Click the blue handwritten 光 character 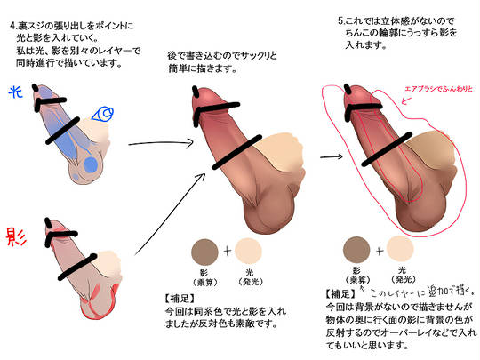[16, 92]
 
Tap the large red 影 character [16, 237]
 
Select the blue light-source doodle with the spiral [103, 114]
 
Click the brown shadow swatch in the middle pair [204, 252]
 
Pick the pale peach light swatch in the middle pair [249, 252]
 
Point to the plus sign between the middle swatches [228, 252]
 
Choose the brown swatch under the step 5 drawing [356, 250]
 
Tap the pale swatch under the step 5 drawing [400, 249]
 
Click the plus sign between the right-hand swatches [379, 252]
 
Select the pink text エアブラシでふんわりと [438, 89]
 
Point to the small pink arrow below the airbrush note [406, 100]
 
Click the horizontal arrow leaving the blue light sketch [161, 143]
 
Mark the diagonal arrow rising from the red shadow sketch [170, 213]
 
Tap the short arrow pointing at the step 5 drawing [332, 156]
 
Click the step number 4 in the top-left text [12, 26]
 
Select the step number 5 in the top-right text [340, 21]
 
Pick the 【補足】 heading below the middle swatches [180, 299]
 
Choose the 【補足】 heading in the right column [340, 294]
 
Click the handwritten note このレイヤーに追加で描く [422, 292]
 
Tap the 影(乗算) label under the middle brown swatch [204, 277]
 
